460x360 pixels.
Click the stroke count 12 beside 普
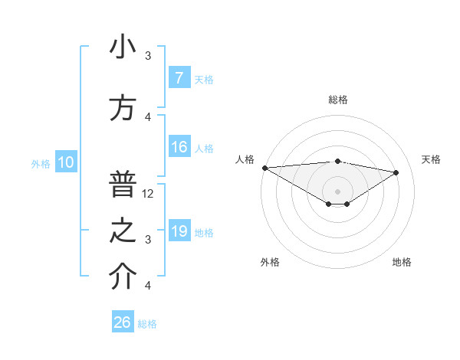(x=149, y=194)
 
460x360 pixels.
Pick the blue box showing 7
(x=179, y=78)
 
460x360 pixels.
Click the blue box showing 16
(x=179, y=147)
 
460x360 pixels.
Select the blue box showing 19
(x=179, y=231)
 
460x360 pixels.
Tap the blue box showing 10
(x=65, y=162)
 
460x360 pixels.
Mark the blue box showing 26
(x=123, y=322)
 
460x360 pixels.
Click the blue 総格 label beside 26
(x=147, y=324)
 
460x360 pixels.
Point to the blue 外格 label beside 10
(x=41, y=163)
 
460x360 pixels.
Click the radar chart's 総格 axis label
(x=337, y=100)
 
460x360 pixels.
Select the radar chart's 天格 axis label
(x=432, y=159)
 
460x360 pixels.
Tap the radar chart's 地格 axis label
(x=402, y=262)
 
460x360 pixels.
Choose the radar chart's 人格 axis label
(x=245, y=159)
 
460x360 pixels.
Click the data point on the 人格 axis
(x=264, y=168)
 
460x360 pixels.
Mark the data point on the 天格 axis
(x=396, y=172)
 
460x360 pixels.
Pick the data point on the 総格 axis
(x=337, y=161)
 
